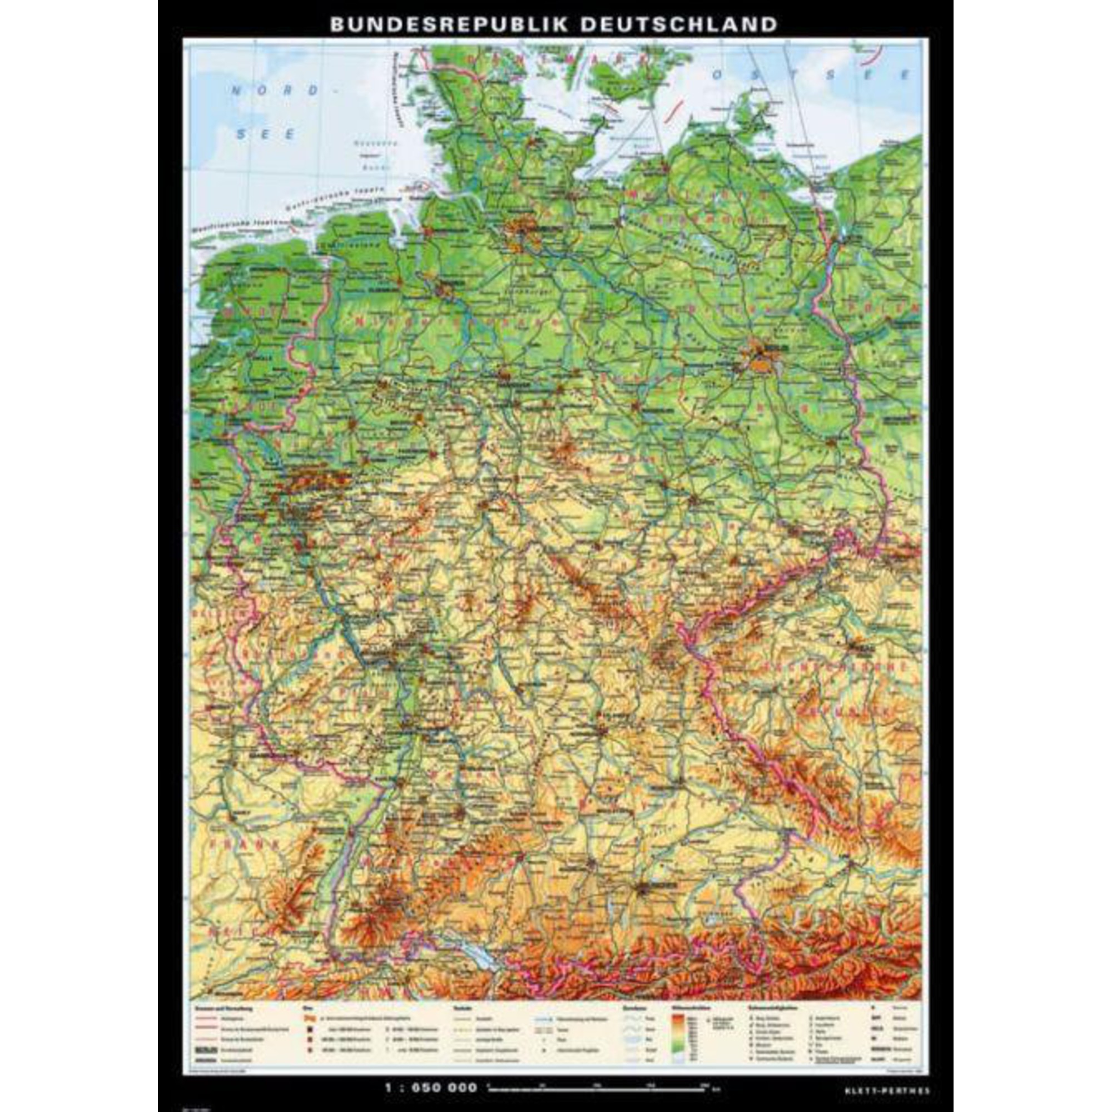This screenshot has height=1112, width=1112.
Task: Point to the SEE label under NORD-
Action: [267, 133]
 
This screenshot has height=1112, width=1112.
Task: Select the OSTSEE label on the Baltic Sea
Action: [812, 75]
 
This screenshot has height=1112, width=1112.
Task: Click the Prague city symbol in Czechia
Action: [861, 649]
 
